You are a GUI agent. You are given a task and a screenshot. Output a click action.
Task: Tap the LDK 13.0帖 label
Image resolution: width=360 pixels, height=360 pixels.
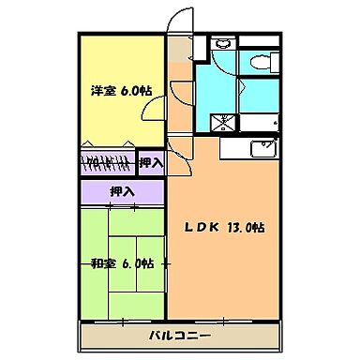pos(229,228)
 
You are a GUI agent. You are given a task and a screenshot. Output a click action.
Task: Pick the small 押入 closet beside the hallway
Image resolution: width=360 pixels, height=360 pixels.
pos(150,162)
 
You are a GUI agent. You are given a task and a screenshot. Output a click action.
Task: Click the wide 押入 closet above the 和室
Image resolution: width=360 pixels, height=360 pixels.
pos(122,192)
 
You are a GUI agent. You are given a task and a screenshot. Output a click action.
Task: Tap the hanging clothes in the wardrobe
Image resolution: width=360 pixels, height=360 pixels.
pos(108,161)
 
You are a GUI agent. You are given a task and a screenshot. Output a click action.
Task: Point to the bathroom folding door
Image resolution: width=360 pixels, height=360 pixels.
pos(242,94)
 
